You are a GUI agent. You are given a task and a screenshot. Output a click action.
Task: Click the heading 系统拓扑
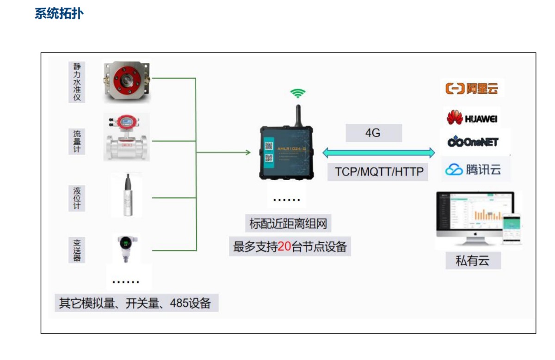tap(59, 13)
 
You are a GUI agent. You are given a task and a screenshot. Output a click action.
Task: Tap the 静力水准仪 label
tap(77, 82)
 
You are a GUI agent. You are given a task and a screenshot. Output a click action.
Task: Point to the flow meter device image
tap(126, 137)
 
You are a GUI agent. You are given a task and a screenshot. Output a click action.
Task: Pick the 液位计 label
tap(77, 198)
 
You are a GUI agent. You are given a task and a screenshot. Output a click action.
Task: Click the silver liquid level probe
tap(126, 195)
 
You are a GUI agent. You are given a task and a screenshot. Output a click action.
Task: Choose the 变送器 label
tap(77, 250)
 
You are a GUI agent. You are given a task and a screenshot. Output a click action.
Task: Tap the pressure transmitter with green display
tap(126, 248)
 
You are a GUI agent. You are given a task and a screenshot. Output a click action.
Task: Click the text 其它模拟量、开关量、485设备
tap(136, 303)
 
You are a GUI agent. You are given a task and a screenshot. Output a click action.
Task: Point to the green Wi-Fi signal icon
tap(298, 93)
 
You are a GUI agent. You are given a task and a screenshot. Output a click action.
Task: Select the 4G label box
tap(373, 133)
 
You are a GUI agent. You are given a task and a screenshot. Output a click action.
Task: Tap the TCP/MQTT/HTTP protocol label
tap(379, 172)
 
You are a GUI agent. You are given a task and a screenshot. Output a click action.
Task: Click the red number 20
tap(284, 247)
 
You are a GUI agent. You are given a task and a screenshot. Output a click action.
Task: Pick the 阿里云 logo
tap(472, 88)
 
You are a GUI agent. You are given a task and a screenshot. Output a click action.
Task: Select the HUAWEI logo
tap(472, 118)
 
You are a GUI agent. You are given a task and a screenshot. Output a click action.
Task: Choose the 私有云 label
tap(472, 261)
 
